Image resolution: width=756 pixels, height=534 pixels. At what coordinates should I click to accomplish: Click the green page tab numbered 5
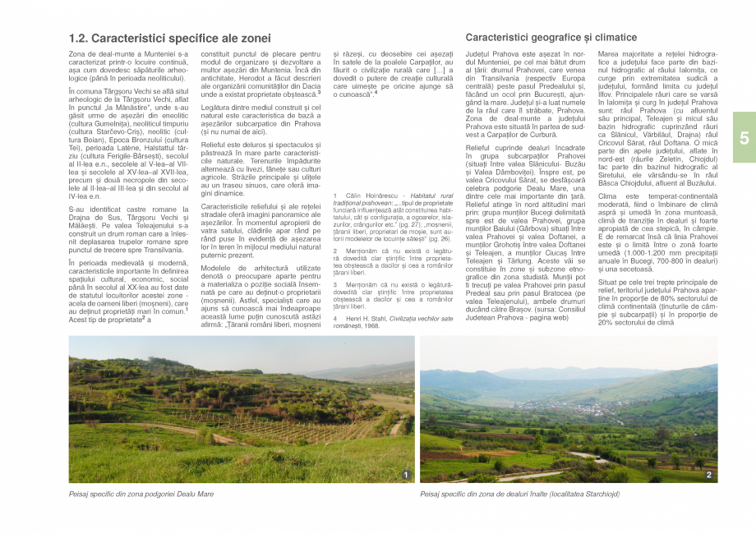click(x=743, y=136)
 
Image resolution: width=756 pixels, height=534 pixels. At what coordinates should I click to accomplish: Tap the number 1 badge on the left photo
click(x=406, y=475)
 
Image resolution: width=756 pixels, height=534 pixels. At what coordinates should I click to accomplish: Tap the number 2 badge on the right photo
click(x=708, y=475)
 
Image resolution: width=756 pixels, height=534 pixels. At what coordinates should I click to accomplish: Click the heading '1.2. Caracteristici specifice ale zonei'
click(x=169, y=39)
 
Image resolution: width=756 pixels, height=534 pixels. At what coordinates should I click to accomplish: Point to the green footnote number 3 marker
click(x=335, y=284)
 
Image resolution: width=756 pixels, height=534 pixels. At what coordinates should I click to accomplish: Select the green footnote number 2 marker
click(x=335, y=250)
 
